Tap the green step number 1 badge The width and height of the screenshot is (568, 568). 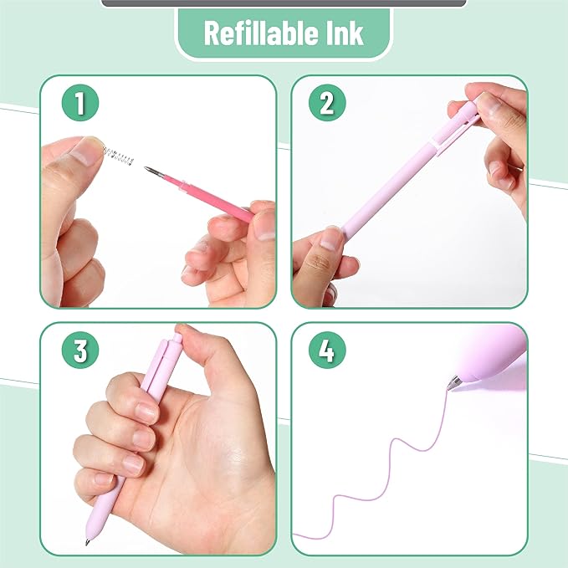coord(80,104)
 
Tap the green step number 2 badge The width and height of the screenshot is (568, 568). coord(327,104)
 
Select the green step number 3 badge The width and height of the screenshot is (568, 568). coord(80,351)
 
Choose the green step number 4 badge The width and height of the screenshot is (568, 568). coord(327,351)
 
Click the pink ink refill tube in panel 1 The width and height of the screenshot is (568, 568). coord(205,195)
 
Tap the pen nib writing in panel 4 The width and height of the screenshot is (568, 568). coord(453,384)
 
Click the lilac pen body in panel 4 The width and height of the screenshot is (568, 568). coord(494,356)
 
